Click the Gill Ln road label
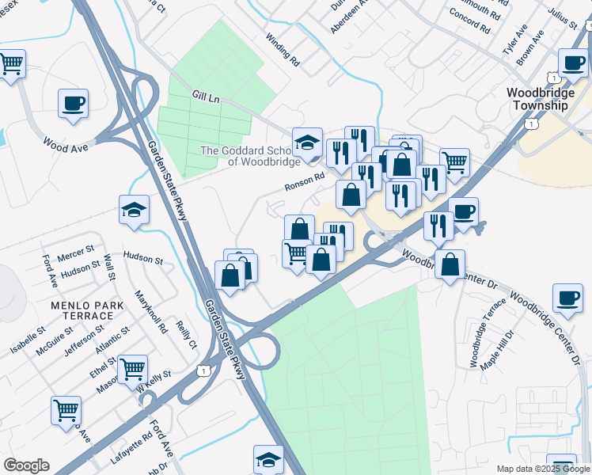(x=205, y=97)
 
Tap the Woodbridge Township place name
(x=540, y=99)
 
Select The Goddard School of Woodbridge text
(x=250, y=156)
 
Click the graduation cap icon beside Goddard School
(x=307, y=142)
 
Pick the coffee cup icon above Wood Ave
(x=73, y=104)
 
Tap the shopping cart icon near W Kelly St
(x=132, y=369)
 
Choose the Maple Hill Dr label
(x=507, y=348)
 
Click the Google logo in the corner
(x=26, y=465)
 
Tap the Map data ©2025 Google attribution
(x=543, y=469)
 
